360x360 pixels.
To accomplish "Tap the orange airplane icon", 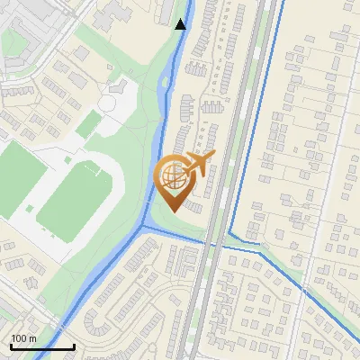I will point(200,164).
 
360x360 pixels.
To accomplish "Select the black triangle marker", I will point(180,24).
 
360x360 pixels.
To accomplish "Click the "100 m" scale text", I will point(23,338).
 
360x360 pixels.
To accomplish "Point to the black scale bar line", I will point(41,346).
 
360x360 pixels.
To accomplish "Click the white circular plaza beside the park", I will point(107,103).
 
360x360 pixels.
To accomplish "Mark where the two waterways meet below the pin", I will point(144,226).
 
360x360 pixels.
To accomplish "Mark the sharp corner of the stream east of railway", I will point(230,235).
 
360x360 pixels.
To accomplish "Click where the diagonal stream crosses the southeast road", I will point(306,291).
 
